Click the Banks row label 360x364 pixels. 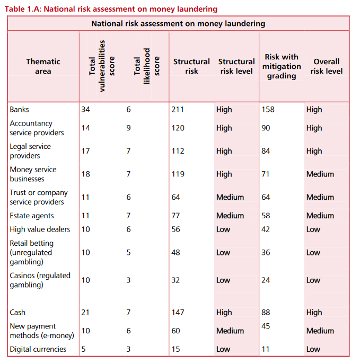coord(19,109)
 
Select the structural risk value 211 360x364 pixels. coord(178,109)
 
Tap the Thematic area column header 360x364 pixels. coord(43,66)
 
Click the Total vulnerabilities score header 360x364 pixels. coord(102,66)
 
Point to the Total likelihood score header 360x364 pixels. coord(147,66)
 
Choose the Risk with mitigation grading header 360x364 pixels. coord(282,66)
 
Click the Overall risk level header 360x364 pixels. coord(327,66)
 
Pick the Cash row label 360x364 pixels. coord(17,312)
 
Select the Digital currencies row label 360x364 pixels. coord(38,349)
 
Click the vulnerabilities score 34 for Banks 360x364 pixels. coord(86,109)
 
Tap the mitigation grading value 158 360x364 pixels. coord(268,109)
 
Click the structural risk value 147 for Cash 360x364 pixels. coord(178,312)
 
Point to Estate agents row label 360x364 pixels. coord(32,216)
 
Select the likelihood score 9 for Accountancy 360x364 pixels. coord(128,128)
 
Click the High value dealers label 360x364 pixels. coord(40,229)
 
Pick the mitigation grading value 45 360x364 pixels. coord(266,326)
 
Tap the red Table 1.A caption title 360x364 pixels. coord(111,9)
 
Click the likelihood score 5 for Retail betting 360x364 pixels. coord(128,252)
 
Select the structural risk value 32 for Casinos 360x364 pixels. coord(175,280)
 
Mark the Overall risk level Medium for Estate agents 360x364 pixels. coord(320,216)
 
